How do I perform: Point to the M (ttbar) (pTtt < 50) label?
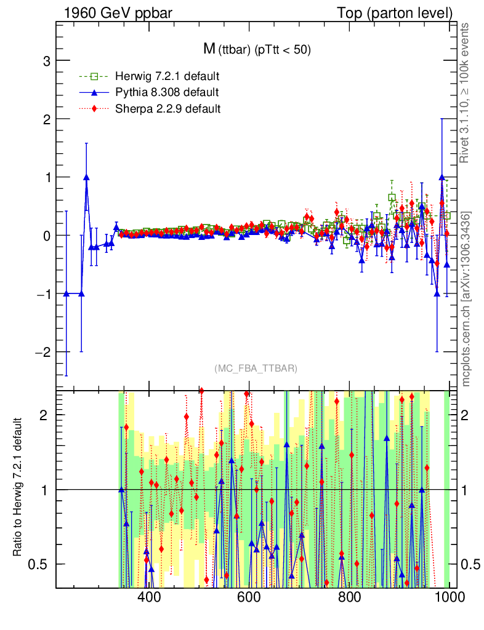point(257,50)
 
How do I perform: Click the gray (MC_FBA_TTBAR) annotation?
point(256,369)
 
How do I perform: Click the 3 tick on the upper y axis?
point(46,61)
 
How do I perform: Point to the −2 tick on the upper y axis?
point(42,352)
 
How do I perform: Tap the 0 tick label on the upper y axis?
point(46,236)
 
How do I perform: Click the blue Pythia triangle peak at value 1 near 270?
point(86,177)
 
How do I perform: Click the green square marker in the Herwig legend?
point(94,77)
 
